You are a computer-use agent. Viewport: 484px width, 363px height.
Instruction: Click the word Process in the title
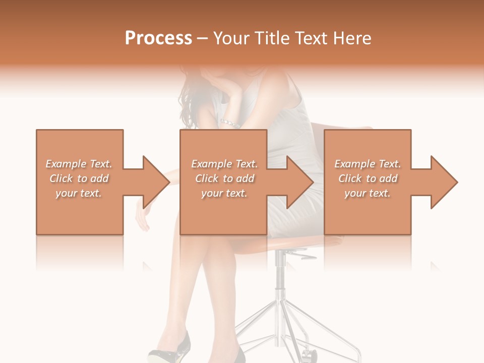click(158, 38)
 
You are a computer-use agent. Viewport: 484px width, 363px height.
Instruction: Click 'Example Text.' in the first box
click(79, 164)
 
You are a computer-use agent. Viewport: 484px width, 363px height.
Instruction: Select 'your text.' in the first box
click(79, 193)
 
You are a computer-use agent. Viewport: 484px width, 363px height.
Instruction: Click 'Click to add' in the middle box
click(224, 178)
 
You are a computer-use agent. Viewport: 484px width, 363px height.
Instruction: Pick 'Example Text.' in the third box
click(368, 164)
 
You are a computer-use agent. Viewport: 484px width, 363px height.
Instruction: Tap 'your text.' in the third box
click(368, 193)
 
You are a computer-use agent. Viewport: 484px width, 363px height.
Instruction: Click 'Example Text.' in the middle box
click(224, 164)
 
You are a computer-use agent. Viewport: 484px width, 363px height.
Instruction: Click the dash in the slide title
click(203, 38)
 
